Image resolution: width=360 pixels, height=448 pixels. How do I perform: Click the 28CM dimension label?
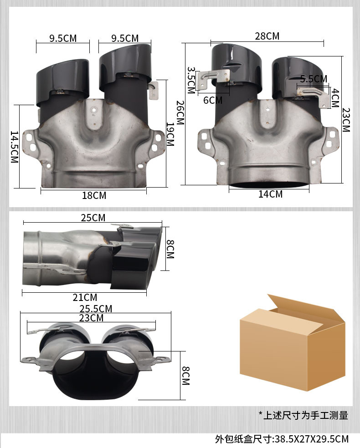click(x=267, y=36)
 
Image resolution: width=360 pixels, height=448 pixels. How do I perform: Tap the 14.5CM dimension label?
click(x=14, y=147)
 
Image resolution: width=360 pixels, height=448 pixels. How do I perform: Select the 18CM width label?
click(x=94, y=195)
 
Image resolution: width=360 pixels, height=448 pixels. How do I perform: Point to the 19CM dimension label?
click(x=170, y=134)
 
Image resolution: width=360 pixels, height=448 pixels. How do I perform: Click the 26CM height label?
click(x=180, y=112)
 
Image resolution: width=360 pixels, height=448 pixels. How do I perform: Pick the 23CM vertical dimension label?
click(x=346, y=120)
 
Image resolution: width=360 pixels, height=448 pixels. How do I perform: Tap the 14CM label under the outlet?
click(x=271, y=194)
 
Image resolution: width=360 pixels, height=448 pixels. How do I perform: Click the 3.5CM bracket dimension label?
click(x=191, y=80)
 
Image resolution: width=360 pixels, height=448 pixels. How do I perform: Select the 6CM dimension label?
click(x=213, y=100)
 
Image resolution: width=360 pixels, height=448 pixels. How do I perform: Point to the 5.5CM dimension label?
click(x=314, y=79)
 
